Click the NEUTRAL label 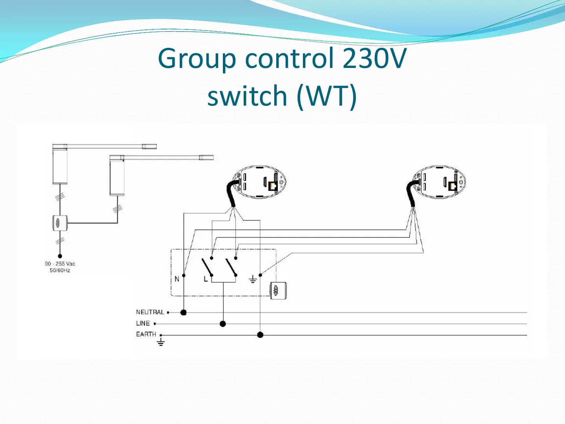150,312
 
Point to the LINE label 143,323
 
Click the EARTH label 146,334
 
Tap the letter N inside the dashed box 177,279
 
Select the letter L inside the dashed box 206,279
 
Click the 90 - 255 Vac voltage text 60,264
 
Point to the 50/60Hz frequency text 60,270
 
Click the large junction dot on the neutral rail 183,313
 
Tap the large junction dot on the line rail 223,324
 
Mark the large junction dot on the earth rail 260,335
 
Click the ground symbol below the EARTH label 160,342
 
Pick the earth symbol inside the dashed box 253,280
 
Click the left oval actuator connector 259,182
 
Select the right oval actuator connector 439,182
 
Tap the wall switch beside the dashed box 278,291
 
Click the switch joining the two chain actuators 60,223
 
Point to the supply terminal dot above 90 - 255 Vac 60,256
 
